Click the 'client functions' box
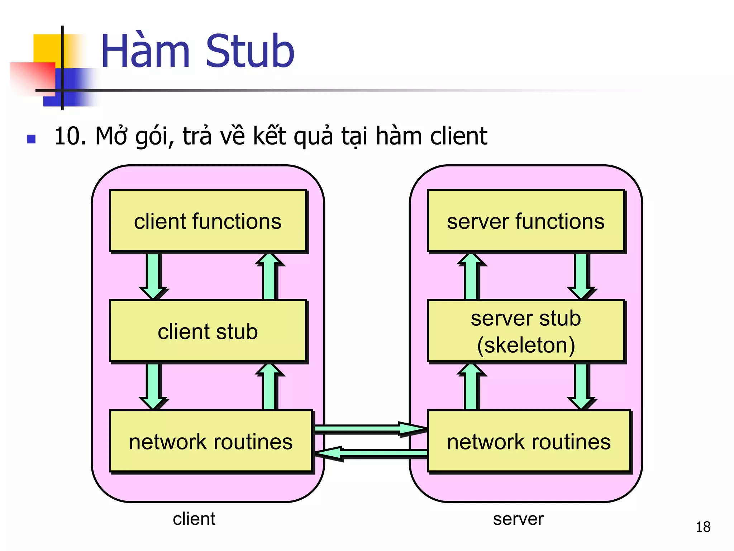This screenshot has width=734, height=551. click(x=208, y=221)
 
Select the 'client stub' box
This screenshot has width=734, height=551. click(x=208, y=331)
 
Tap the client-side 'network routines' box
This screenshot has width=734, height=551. click(x=211, y=441)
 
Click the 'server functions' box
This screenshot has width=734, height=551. click(x=526, y=221)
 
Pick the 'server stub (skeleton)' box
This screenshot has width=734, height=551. click(x=526, y=331)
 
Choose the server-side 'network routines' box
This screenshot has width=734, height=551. click(x=529, y=441)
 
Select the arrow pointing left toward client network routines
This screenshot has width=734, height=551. click(x=369, y=454)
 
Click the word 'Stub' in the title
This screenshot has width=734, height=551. click(x=250, y=51)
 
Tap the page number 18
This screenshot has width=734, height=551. click(x=703, y=527)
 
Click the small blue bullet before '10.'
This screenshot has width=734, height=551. click(x=31, y=139)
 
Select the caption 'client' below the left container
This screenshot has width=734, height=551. click(x=194, y=519)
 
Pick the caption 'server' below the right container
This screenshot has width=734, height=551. click(x=518, y=519)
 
